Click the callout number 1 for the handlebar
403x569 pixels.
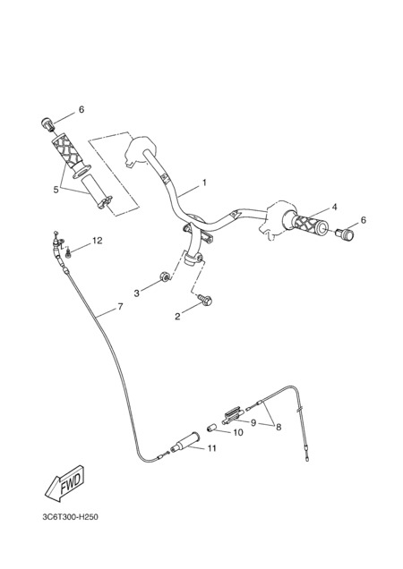204,183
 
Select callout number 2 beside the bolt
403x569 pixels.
177,317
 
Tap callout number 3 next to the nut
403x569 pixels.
137,293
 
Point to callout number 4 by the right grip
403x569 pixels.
334,207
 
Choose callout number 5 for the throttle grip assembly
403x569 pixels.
56,190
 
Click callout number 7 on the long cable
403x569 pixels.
120,307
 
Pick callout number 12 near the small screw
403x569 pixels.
98,241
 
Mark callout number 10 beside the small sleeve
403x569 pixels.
238,432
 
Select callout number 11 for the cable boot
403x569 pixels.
212,448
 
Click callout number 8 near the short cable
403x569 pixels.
279,427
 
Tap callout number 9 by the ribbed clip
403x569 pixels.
253,423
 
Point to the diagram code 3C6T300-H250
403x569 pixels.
70,517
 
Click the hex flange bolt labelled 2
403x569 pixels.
206,300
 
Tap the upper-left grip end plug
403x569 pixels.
47,123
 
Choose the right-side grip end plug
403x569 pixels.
344,234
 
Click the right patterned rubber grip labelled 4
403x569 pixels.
305,222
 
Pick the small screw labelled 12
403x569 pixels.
68,254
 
